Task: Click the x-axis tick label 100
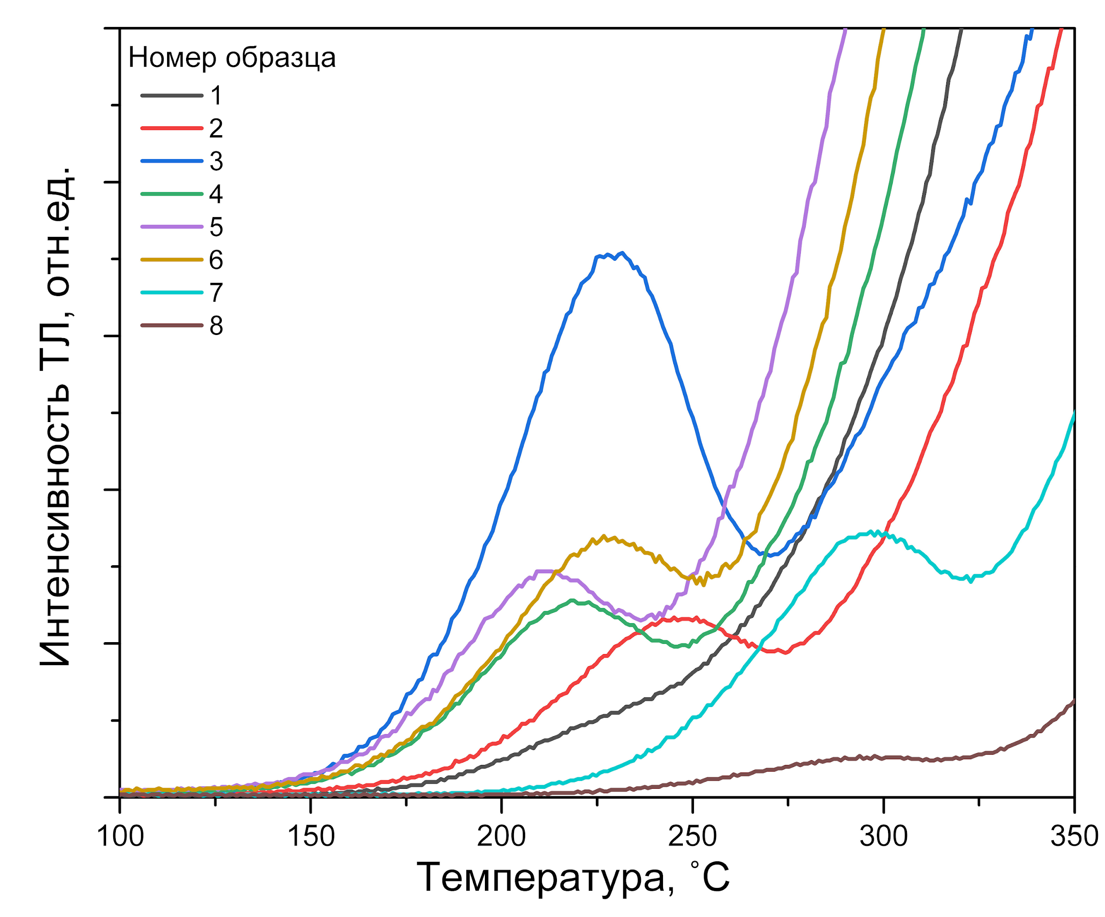[x=121, y=836]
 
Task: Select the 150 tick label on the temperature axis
[x=311, y=836]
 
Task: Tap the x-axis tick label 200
[x=502, y=836]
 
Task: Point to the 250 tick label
[x=693, y=836]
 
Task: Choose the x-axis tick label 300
[x=884, y=836]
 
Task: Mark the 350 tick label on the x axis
[x=1074, y=836]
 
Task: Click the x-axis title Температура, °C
[x=573, y=878]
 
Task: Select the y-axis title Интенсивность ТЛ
[x=55, y=415]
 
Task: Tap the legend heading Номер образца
[x=232, y=57]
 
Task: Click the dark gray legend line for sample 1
[x=171, y=95]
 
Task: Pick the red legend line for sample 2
[x=171, y=128]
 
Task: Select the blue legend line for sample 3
[x=171, y=161]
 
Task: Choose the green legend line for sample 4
[x=171, y=194]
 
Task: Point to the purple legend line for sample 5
[x=171, y=227]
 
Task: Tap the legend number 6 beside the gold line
[x=216, y=260]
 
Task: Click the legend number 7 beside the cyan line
[x=216, y=293]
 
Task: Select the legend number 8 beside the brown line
[x=216, y=326]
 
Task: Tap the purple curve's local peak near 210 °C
[x=542, y=571]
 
